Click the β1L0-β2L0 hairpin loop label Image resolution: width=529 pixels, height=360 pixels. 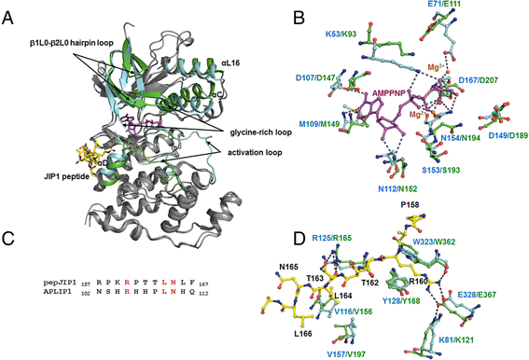pos(70,43)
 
